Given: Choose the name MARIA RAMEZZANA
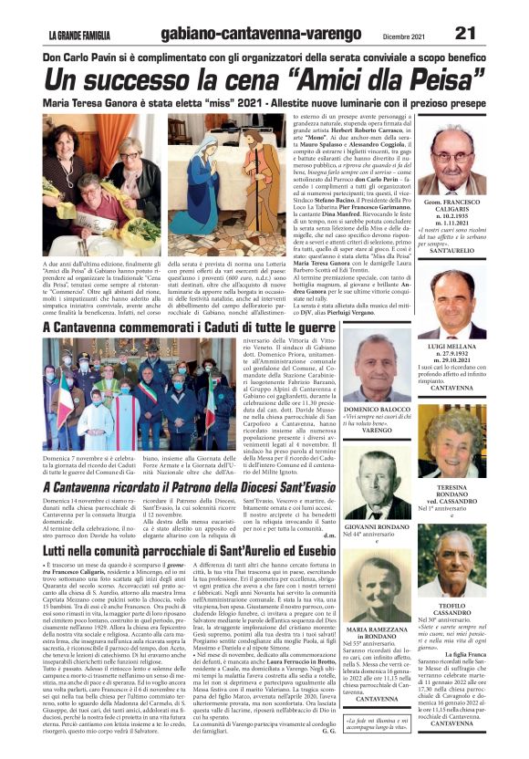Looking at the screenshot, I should [377, 631].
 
